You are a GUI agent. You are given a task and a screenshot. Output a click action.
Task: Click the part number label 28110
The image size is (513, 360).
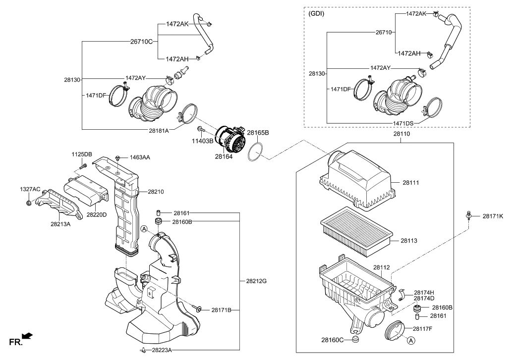coord(401,134)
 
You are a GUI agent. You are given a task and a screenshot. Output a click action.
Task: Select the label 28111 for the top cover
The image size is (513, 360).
coord(410,183)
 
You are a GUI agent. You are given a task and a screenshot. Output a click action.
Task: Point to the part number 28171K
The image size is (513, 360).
coord(493,216)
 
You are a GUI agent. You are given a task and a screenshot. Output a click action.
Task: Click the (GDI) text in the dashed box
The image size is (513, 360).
coord(316,13)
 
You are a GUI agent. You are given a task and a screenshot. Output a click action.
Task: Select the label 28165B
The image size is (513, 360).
coord(258,133)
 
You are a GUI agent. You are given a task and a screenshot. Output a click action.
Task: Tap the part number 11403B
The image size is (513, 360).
coord(202,141)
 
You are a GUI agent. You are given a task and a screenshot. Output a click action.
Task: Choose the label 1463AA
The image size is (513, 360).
coord(140,157)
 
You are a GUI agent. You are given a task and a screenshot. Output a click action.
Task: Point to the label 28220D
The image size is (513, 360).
coord(97,214)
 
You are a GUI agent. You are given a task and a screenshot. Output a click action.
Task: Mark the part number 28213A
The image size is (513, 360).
coord(60,224)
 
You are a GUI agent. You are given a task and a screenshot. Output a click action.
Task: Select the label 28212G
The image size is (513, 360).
coord(256,281)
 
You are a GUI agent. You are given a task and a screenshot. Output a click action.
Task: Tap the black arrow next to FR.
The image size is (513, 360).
coord(28,336)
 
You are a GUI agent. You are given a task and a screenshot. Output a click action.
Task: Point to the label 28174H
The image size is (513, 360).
coord(424,292)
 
